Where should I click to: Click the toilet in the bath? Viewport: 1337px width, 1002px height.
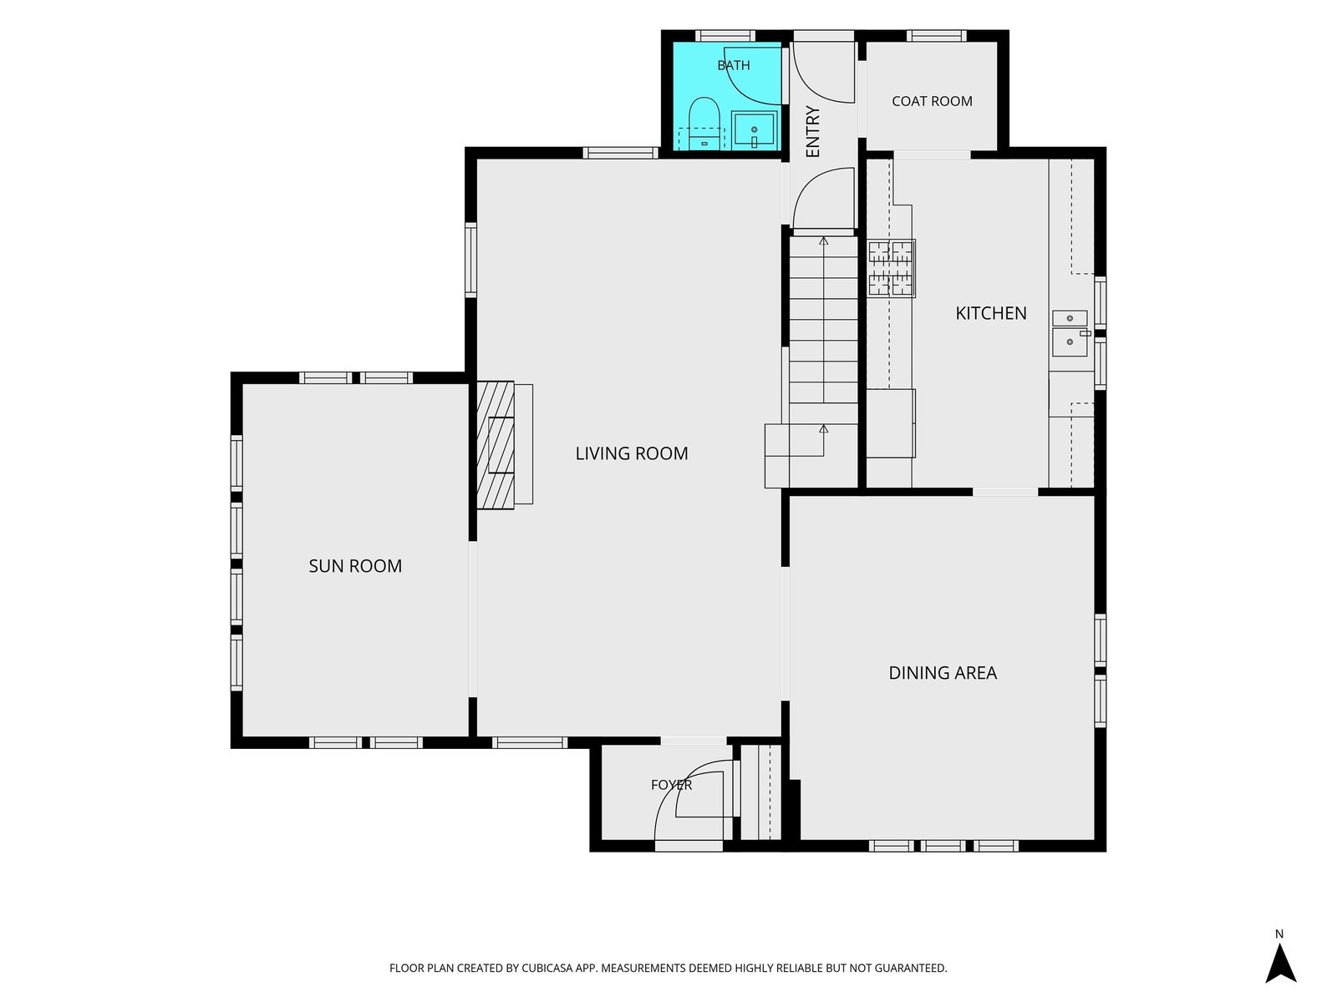704,124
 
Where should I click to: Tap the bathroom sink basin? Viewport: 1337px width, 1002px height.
754,129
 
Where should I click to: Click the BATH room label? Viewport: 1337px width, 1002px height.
734,65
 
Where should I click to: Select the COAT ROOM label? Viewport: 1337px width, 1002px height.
932,101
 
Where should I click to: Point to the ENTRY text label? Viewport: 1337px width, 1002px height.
812,132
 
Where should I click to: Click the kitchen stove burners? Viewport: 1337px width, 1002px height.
892,268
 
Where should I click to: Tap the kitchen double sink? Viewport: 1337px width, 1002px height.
1070,333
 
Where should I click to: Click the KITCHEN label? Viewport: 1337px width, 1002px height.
991,313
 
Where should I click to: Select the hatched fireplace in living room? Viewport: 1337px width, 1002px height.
496,445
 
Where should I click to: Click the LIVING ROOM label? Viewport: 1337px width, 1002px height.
632,453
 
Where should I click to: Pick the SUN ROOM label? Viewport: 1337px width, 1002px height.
355,566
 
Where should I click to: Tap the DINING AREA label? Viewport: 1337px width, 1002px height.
943,673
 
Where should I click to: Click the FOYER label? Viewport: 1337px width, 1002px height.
671,785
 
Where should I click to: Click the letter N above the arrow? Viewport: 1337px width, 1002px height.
1279,934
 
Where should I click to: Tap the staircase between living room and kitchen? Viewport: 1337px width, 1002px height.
823,362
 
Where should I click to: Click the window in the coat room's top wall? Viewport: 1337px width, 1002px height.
936,36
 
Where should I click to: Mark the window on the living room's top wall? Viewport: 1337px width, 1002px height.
621,153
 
